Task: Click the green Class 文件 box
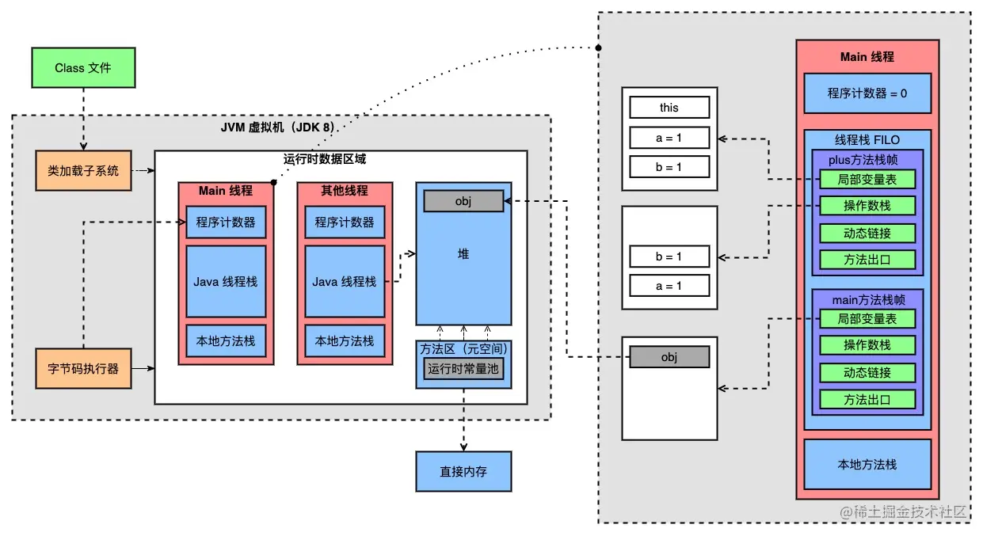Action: tap(83, 68)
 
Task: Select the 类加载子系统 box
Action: tap(83, 170)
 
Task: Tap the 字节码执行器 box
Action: tap(83, 368)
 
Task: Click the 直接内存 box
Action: tap(463, 471)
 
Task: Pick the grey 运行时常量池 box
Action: tap(463, 368)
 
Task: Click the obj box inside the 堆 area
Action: tap(463, 201)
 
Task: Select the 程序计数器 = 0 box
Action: tap(867, 93)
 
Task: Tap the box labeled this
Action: tap(669, 108)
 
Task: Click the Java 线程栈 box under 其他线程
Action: tap(345, 281)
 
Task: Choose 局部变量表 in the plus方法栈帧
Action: tap(867, 180)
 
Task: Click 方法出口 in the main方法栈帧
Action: tap(867, 399)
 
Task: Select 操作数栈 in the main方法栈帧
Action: tap(867, 345)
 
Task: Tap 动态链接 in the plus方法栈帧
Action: tap(867, 234)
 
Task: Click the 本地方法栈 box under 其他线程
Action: tap(345, 341)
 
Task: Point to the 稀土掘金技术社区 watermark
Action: tap(903, 511)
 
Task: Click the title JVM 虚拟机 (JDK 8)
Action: tap(280, 128)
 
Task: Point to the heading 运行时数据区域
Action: tap(325, 159)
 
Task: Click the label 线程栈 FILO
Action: tap(867, 139)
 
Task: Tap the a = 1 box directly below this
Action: tap(669, 138)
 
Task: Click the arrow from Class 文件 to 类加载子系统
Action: tap(83, 119)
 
